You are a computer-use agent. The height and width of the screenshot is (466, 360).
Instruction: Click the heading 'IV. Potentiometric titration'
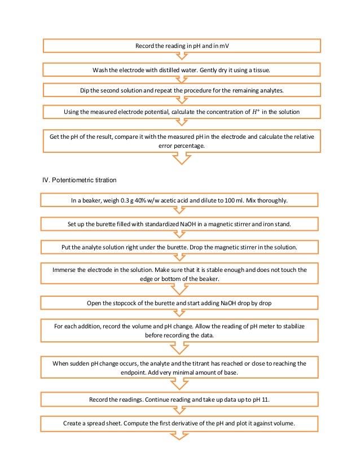point(83,181)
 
